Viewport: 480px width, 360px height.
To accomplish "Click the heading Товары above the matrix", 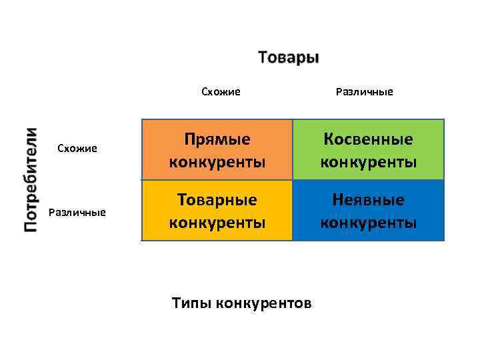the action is tap(288, 57).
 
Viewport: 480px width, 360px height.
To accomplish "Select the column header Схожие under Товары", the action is tap(221, 91).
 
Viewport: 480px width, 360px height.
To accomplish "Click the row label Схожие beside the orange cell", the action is tap(77, 148).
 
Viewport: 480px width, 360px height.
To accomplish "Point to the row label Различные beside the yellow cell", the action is tap(77, 212).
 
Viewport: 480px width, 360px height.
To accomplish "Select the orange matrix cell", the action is tap(217, 150).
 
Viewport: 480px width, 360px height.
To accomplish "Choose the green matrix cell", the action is tap(369, 150).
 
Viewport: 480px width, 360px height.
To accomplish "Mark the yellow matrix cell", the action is tap(217, 210).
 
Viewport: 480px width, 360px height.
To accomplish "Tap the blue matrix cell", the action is tap(369, 210).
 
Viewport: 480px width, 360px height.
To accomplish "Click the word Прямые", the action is tap(217, 139).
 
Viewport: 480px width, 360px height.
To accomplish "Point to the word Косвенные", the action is tap(369, 139).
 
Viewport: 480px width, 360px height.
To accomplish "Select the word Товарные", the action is tap(217, 200).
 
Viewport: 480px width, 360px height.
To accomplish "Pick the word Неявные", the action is tap(369, 200).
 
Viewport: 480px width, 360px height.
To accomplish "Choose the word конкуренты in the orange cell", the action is tap(217, 162).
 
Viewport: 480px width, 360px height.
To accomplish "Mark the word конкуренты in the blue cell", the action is tap(369, 223).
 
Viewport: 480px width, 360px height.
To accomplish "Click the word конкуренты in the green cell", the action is tap(369, 162).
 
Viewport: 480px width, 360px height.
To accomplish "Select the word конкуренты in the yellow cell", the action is tap(217, 223).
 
